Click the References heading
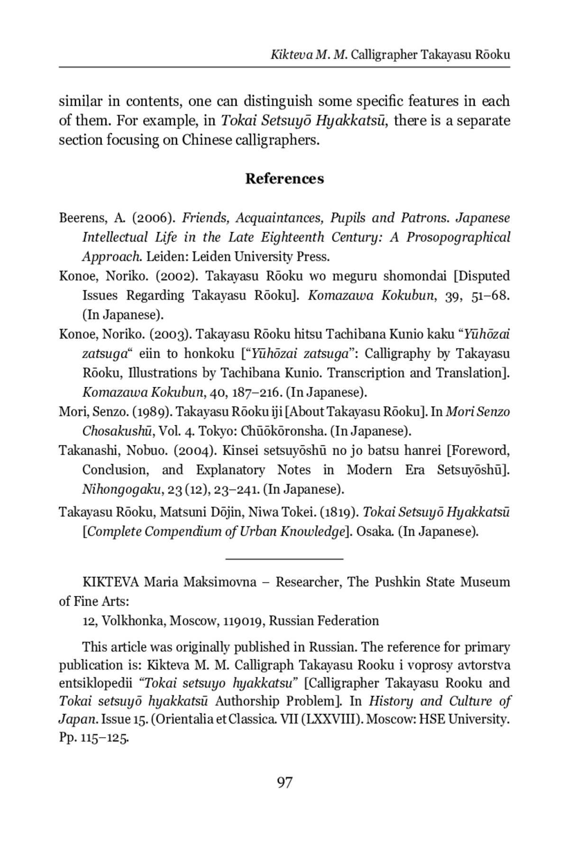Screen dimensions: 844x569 pos(284,179)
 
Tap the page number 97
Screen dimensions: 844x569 pos(284,782)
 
